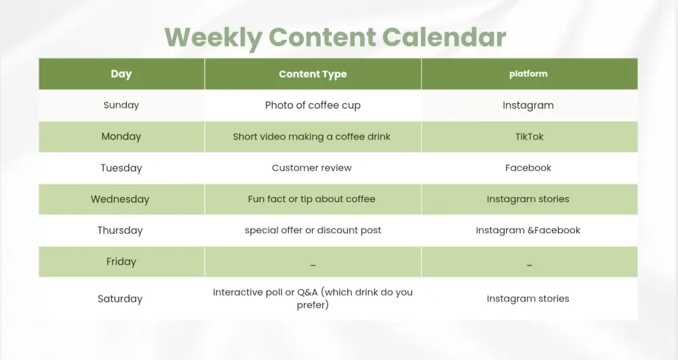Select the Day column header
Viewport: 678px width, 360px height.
(x=121, y=74)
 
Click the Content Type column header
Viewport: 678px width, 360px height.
(x=313, y=75)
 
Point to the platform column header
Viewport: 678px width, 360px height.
(x=528, y=74)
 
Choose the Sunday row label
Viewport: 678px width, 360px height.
(x=121, y=105)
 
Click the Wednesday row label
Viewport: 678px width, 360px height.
(x=120, y=199)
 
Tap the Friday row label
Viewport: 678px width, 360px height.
(x=121, y=262)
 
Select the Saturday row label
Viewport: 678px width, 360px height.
(x=120, y=299)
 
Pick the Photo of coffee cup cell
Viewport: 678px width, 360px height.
(x=313, y=105)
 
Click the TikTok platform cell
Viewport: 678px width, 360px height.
(x=529, y=136)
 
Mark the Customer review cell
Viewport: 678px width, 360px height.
(x=312, y=168)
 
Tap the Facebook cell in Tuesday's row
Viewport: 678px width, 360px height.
(x=528, y=168)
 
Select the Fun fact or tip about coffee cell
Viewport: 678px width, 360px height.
(x=312, y=199)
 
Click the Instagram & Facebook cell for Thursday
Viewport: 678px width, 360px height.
(x=528, y=231)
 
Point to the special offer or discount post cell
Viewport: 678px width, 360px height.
(x=313, y=231)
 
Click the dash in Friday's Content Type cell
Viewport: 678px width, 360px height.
(x=313, y=264)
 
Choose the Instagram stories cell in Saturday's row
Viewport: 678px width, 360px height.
(x=528, y=299)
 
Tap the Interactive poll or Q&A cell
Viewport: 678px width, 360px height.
(x=313, y=298)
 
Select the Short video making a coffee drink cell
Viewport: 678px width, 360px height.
(x=312, y=136)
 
